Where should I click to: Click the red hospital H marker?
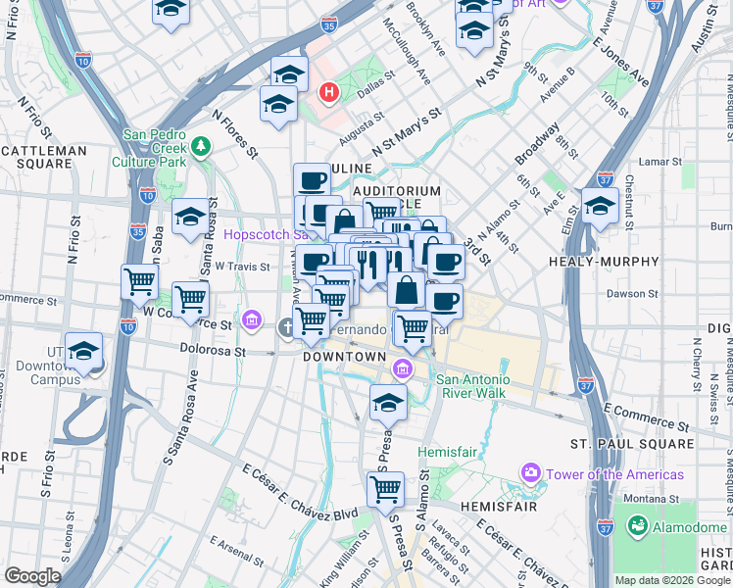tap(329, 93)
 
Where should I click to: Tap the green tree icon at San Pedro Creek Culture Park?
tap(201, 146)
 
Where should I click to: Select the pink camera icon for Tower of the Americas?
tap(531, 474)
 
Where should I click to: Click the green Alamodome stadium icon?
tap(638, 527)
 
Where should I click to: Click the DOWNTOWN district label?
tap(344, 358)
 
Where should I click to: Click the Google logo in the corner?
tap(31, 576)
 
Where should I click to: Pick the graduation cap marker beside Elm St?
tap(599, 208)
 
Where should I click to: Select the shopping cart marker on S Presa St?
tap(386, 490)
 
